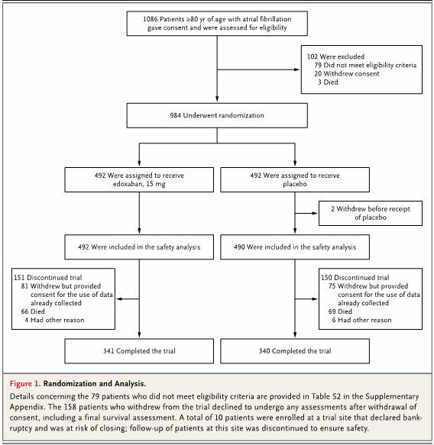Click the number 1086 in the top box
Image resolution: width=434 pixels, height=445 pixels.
(x=151, y=19)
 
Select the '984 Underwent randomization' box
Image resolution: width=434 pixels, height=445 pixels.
(x=217, y=115)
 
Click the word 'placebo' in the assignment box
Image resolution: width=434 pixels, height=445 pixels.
(x=295, y=184)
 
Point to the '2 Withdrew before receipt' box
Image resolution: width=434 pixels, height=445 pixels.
(x=371, y=214)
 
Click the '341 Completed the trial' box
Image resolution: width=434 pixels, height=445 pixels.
(x=139, y=351)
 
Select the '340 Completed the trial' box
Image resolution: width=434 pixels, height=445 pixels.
(x=295, y=351)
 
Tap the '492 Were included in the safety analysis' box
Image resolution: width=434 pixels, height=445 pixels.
(x=139, y=247)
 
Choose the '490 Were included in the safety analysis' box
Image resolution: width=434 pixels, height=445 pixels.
(x=295, y=247)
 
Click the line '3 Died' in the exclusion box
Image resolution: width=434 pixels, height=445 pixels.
(x=328, y=82)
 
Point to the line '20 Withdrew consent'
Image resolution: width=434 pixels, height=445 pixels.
(x=347, y=74)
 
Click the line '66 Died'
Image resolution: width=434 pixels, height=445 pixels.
(x=33, y=311)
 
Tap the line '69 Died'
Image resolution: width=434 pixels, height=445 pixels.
(x=340, y=311)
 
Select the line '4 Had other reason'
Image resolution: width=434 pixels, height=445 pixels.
(x=54, y=320)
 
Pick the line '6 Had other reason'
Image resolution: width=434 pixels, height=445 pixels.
(x=362, y=320)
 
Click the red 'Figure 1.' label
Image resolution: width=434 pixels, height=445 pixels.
(x=25, y=384)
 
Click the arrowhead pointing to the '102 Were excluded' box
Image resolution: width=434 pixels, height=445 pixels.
(x=297, y=69)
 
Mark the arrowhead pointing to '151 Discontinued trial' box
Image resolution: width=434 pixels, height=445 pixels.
(x=119, y=299)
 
